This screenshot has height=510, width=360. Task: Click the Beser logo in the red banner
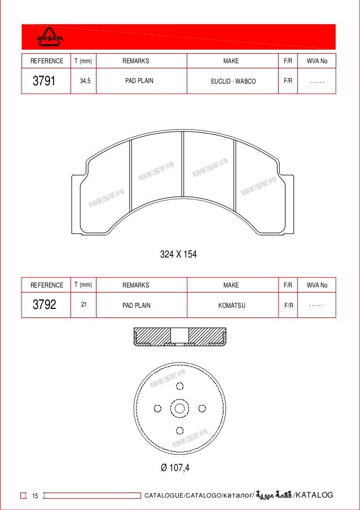pyautogui.click(x=50, y=38)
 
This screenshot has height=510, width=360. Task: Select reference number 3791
pyautogui.click(x=43, y=81)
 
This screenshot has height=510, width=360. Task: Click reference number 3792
pyautogui.click(x=44, y=306)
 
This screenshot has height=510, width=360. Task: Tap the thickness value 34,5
pyautogui.click(x=85, y=81)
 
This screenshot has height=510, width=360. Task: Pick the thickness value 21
pyautogui.click(x=84, y=305)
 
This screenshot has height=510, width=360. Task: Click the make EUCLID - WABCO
pyautogui.click(x=233, y=81)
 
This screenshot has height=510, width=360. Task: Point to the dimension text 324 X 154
pyautogui.click(x=178, y=255)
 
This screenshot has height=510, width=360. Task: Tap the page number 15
pyautogui.click(x=35, y=496)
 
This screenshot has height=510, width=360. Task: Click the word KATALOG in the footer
pyautogui.click(x=315, y=495)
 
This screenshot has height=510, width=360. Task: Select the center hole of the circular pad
pyautogui.click(x=179, y=408)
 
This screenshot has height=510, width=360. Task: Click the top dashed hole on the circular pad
pyautogui.click(x=179, y=386)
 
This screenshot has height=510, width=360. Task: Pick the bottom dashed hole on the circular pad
pyautogui.click(x=179, y=430)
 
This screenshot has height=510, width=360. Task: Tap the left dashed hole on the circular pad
pyautogui.click(x=158, y=408)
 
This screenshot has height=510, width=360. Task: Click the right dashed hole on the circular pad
pyautogui.click(x=201, y=408)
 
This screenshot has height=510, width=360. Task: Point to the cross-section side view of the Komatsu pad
pyautogui.click(x=179, y=337)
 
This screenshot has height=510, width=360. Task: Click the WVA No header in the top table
pyautogui.click(x=317, y=61)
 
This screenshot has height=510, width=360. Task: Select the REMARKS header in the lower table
pyautogui.click(x=135, y=285)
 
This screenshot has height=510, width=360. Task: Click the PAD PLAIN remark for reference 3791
pyautogui.click(x=139, y=81)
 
